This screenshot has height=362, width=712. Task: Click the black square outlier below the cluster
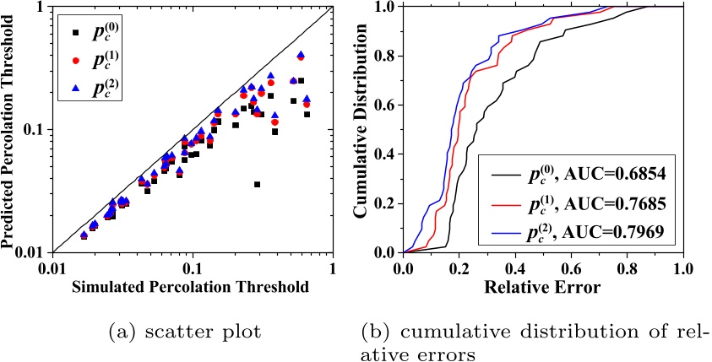[x=257, y=184]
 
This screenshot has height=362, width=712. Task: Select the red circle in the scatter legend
[x=75, y=62]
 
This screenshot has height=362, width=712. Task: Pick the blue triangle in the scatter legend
[x=75, y=88]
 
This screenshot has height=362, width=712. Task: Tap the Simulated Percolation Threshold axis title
[x=191, y=287]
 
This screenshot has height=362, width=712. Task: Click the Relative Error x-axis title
[x=542, y=287]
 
